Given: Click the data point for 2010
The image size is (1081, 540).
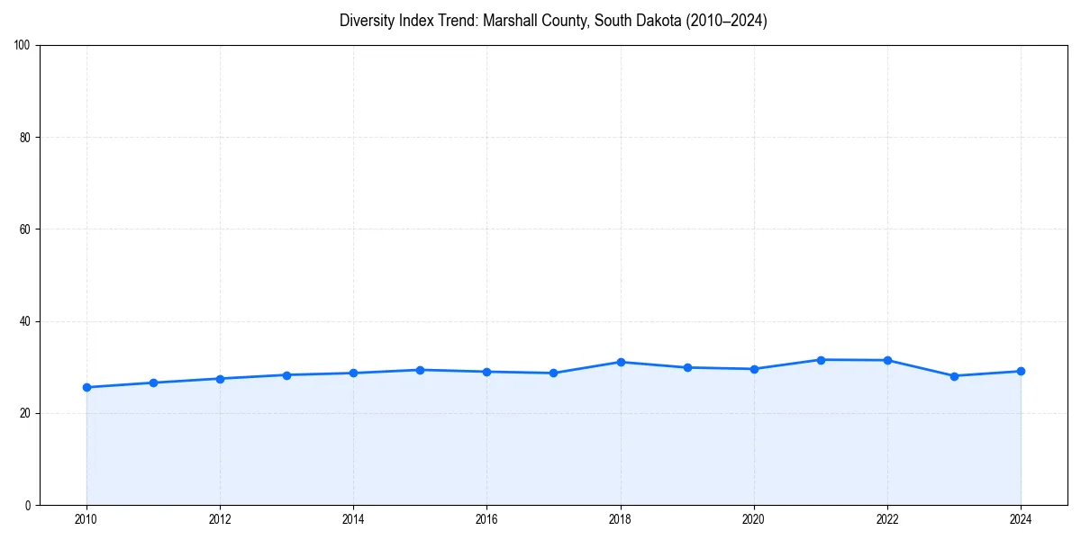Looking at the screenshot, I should [86, 387].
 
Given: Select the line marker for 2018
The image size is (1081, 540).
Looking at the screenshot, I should [621, 362].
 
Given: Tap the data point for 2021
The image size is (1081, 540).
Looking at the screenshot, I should [821, 360].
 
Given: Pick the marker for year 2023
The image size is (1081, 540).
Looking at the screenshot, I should [954, 376].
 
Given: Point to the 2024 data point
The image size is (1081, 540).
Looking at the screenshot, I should [1021, 371].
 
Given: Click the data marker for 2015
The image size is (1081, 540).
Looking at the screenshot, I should [421, 370].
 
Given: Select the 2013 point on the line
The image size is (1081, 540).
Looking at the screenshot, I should [286, 375].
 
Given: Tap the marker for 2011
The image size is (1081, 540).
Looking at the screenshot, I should [153, 382].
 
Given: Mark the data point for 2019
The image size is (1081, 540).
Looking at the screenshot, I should [687, 367].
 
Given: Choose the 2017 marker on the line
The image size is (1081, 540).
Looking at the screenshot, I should [554, 373].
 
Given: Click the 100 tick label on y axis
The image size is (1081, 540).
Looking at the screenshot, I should [23, 46].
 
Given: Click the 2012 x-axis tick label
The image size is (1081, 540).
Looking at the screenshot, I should [220, 519].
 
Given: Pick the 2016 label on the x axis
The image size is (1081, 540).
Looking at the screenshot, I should [487, 519].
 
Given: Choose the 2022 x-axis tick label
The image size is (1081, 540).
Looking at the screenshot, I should [887, 519].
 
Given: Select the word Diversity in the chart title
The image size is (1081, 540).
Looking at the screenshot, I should [368, 21].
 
